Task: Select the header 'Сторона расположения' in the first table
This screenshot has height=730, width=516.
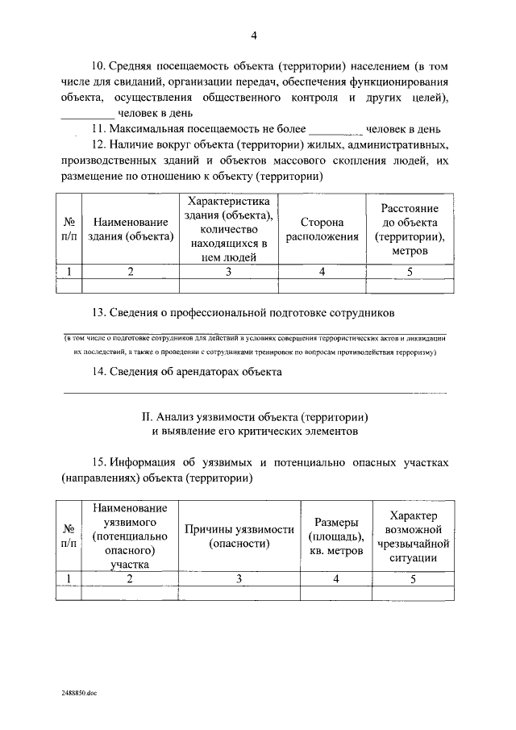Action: click(322, 229)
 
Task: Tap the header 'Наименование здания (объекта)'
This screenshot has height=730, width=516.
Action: click(131, 229)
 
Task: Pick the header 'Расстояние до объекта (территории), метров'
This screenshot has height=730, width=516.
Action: click(409, 229)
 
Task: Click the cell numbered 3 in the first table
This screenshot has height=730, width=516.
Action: click(228, 271)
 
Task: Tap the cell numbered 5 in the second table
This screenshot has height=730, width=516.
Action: click(413, 578)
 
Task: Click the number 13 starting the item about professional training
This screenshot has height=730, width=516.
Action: click(100, 312)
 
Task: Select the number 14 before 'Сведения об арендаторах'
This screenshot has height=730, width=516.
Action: click(100, 372)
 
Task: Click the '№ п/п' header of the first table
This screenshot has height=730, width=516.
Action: click(71, 229)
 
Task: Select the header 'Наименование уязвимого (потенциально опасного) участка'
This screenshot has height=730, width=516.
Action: click(130, 536)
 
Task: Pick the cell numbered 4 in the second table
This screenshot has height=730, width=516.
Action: click(335, 578)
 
